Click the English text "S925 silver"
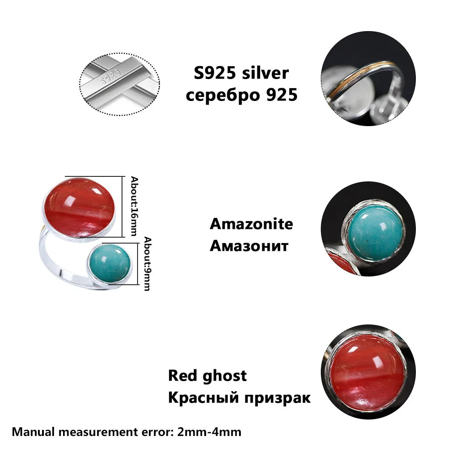pyautogui.click(x=240, y=74)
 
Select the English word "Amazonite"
pyautogui.click(x=251, y=224)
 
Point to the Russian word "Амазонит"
pyautogui.click(x=249, y=246)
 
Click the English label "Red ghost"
pyautogui.click(x=207, y=376)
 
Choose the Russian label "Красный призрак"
pyautogui.click(x=239, y=397)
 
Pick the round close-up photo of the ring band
pyautogui.click(x=364, y=85)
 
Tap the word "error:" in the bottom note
pyautogui.click(x=157, y=431)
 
